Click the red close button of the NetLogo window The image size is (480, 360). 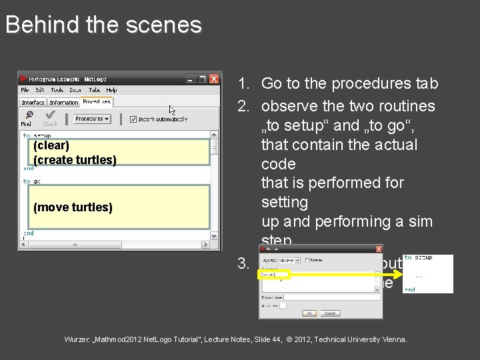[x=214, y=78]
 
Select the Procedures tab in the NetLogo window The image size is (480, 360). [x=97, y=102]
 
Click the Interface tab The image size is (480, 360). [x=33, y=103]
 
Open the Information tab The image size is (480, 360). [x=64, y=103]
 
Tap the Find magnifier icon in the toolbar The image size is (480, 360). [x=27, y=116]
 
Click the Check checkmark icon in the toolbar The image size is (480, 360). [x=50, y=116]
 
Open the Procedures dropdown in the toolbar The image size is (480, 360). [x=91, y=119]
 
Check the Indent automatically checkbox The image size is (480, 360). [x=133, y=119]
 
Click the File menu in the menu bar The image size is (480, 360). [x=25, y=90]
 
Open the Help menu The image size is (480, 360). [x=111, y=90]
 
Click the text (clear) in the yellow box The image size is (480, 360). [x=51, y=145]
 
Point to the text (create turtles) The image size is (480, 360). [x=75, y=160]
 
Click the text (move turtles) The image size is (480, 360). [x=73, y=207]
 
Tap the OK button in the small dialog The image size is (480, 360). [x=311, y=312]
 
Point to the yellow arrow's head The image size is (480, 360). [x=399, y=274]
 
